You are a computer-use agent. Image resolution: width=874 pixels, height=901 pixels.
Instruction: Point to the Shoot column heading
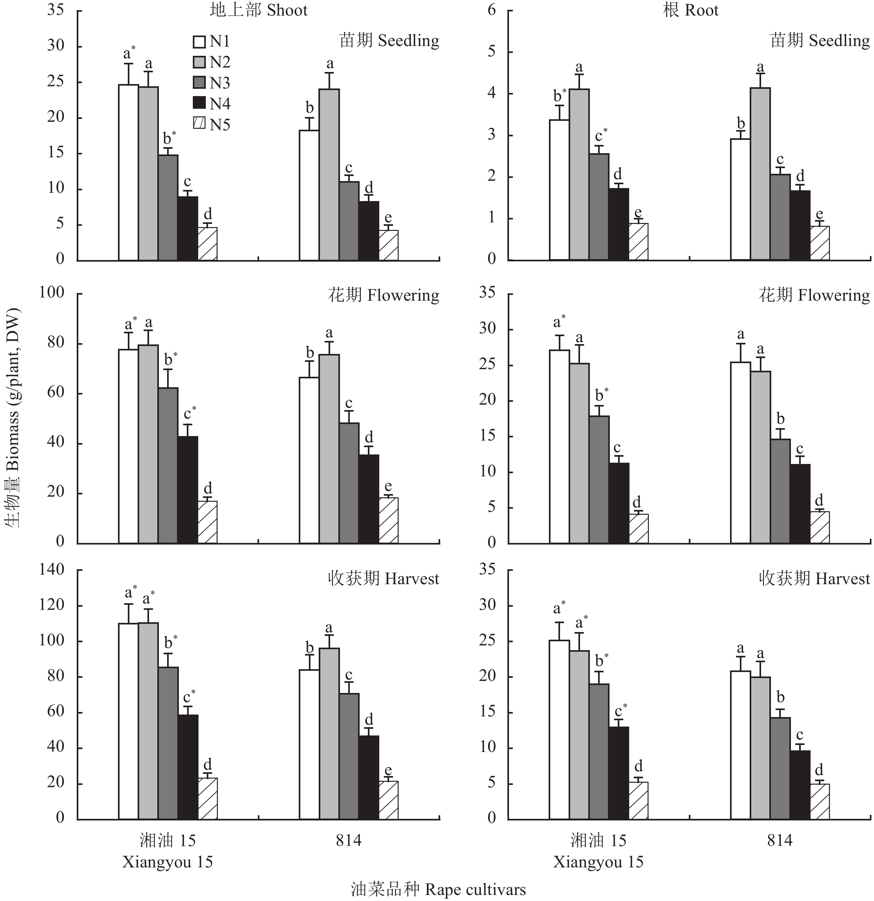pyautogui.click(x=258, y=10)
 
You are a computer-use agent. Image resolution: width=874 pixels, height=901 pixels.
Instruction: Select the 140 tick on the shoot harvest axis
pyautogui.click(x=51, y=570)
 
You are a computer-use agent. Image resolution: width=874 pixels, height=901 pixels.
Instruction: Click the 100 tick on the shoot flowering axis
pyautogui.click(x=51, y=292)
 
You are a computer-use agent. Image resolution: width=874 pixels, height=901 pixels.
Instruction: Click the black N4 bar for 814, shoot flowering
pyautogui.click(x=369, y=499)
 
